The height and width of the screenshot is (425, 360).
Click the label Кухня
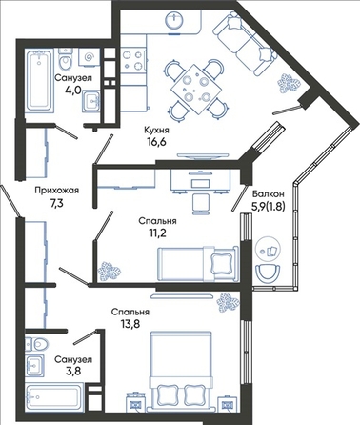156,130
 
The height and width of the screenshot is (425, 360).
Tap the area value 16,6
156,141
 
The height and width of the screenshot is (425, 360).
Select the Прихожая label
57,191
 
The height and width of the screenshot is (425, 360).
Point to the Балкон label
269,193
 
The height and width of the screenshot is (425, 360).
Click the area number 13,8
130,324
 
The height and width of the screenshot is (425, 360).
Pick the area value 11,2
157,233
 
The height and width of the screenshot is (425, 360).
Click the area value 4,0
73,90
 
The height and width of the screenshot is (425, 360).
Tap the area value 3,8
73,371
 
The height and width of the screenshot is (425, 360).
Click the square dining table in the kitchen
196,89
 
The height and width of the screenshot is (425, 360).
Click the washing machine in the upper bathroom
89,57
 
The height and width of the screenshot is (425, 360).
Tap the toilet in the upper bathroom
66,59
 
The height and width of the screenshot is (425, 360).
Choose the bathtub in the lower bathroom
54,397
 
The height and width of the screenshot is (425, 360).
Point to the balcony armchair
268,273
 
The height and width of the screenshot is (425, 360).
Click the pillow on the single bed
222,260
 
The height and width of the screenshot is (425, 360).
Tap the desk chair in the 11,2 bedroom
201,203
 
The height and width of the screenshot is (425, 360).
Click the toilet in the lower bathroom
36,344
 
